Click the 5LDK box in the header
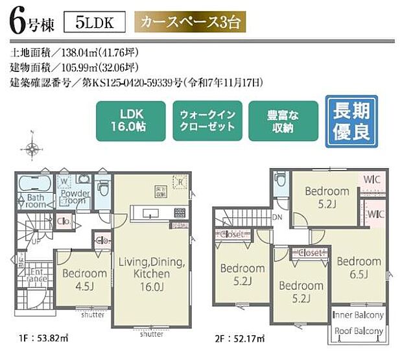coord(95,23)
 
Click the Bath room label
coord(36,200)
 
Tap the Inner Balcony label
coord(358,315)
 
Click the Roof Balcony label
coord(358,331)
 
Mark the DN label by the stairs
coord(277,217)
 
